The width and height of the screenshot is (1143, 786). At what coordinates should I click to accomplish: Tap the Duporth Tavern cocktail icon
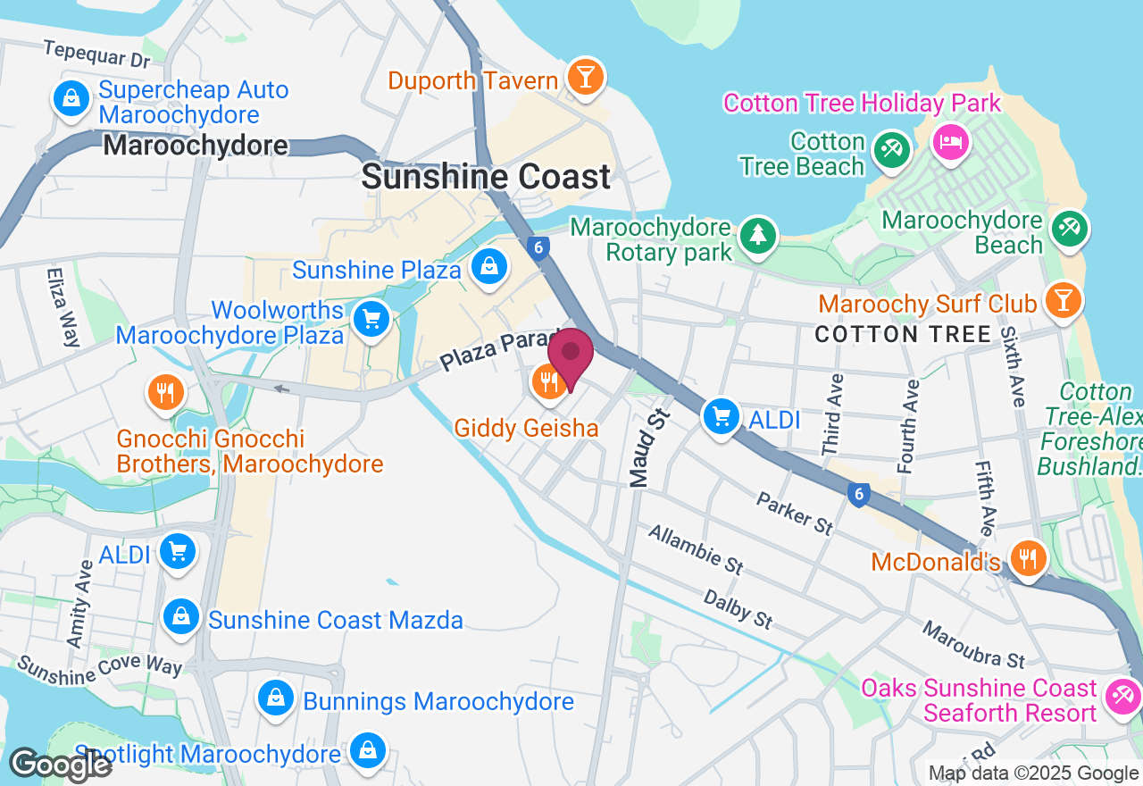click(x=586, y=78)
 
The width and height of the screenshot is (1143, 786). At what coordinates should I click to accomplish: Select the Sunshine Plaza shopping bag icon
click(x=489, y=267)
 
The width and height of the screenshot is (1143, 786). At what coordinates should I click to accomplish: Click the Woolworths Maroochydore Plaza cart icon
click(x=371, y=319)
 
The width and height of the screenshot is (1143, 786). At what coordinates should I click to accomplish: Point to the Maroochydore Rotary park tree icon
click(x=758, y=235)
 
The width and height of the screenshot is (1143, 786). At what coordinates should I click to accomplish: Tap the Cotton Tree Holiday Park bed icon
click(x=951, y=141)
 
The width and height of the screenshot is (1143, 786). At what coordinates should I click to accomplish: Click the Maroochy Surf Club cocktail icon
click(x=1063, y=300)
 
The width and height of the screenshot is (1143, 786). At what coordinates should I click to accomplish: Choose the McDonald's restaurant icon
click(x=1029, y=558)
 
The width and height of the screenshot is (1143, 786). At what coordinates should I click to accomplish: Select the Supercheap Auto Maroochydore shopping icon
click(x=71, y=97)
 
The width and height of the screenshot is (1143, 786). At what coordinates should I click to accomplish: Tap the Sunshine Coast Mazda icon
click(x=181, y=616)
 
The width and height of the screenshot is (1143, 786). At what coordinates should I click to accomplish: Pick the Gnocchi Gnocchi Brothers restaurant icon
click(x=165, y=392)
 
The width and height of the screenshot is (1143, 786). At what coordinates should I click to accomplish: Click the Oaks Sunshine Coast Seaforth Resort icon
click(x=1122, y=696)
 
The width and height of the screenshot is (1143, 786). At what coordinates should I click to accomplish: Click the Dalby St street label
click(x=738, y=608)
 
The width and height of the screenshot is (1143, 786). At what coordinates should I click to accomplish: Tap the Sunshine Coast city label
click(x=486, y=177)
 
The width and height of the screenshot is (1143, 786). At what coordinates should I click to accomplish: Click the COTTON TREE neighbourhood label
click(x=903, y=335)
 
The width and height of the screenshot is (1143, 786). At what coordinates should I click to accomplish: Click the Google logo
click(x=60, y=765)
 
